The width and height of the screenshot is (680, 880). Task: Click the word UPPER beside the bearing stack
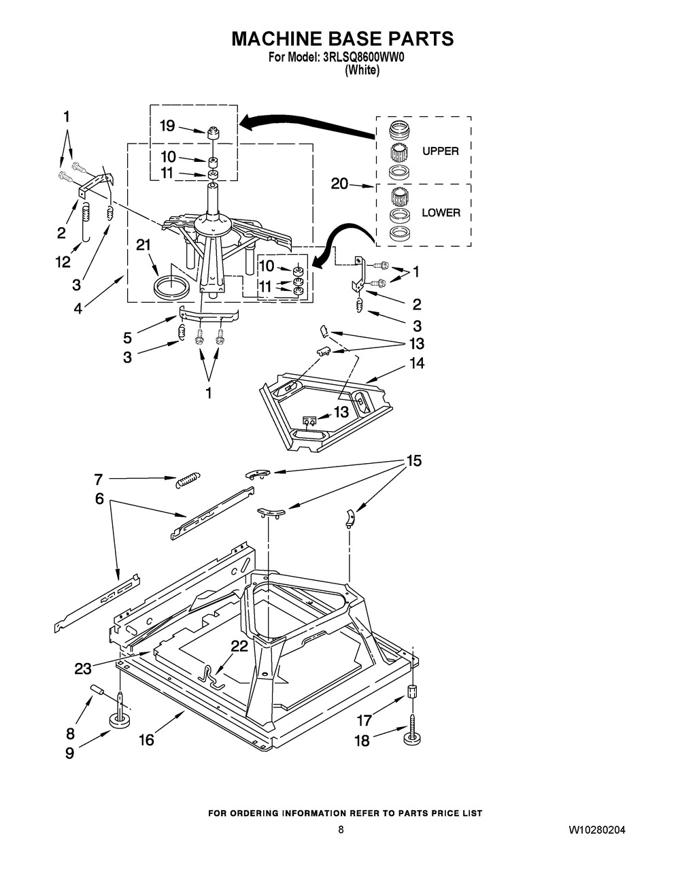(x=441, y=151)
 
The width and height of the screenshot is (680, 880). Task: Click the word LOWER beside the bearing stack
(x=441, y=213)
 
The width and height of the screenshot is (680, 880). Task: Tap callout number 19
(x=167, y=126)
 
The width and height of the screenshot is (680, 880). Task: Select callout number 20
(x=339, y=184)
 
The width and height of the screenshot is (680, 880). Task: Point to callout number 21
(x=143, y=245)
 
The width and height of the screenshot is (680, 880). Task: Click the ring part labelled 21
(x=171, y=287)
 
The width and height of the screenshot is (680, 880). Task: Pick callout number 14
(x=417, y=363)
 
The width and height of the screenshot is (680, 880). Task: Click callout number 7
(x=99, y=479)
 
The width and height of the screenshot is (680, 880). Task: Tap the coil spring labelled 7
(x=188, y=480)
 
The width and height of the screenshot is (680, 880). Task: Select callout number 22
(x=239, y=646)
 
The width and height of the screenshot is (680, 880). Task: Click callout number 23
(x=83, y=669)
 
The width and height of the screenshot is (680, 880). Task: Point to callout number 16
(x=146, y=740)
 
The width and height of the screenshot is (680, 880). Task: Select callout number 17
(x=364, y=720)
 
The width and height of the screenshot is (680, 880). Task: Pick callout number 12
(x=63, y=263)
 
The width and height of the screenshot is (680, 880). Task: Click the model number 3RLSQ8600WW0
(x=364, y=58)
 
